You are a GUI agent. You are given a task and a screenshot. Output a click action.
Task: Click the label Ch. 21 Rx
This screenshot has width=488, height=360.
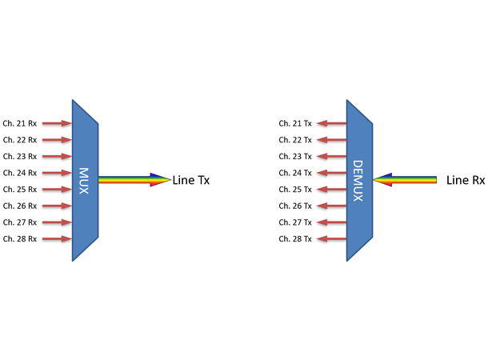click(20, 124)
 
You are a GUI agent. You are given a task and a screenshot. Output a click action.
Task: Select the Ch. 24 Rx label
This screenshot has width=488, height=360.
click(20, 173)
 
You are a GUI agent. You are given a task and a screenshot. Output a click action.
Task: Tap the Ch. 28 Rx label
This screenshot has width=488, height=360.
click(20, 239)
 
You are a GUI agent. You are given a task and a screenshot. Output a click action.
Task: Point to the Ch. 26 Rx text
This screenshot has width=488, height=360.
click(20, 206)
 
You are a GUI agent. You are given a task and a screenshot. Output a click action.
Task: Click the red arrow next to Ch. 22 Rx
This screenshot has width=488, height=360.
click(57, 140)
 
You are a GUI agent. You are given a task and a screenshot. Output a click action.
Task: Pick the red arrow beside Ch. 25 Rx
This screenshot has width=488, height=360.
click(57, 190)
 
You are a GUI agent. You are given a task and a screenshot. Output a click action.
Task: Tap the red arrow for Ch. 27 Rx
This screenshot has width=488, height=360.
click(57, 222)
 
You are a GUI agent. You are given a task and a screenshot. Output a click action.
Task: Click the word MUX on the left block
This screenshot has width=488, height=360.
click(84, 181)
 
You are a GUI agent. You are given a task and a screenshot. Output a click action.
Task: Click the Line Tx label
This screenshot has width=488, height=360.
click(191, 181)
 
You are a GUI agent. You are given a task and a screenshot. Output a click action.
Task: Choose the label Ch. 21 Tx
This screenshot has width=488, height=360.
click(295, 124)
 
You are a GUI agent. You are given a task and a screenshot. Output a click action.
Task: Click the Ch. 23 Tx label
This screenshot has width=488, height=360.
click(295, 157)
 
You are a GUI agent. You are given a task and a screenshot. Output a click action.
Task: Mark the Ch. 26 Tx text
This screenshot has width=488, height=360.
click(295, 206)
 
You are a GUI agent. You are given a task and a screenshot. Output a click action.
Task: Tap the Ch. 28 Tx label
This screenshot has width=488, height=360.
click(295, 239)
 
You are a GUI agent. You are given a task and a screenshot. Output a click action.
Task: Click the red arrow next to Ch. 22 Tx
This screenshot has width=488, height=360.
click(331, 140)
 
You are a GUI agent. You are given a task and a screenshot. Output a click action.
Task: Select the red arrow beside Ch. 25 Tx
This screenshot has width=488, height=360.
click(331, 190)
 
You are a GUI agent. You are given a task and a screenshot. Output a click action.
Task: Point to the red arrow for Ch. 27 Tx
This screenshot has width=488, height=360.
click(331, 222)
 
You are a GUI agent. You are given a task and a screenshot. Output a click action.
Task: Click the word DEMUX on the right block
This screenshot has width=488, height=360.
click(358, 181)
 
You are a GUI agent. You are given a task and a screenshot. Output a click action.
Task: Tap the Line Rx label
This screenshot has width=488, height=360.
click(466, 181)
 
